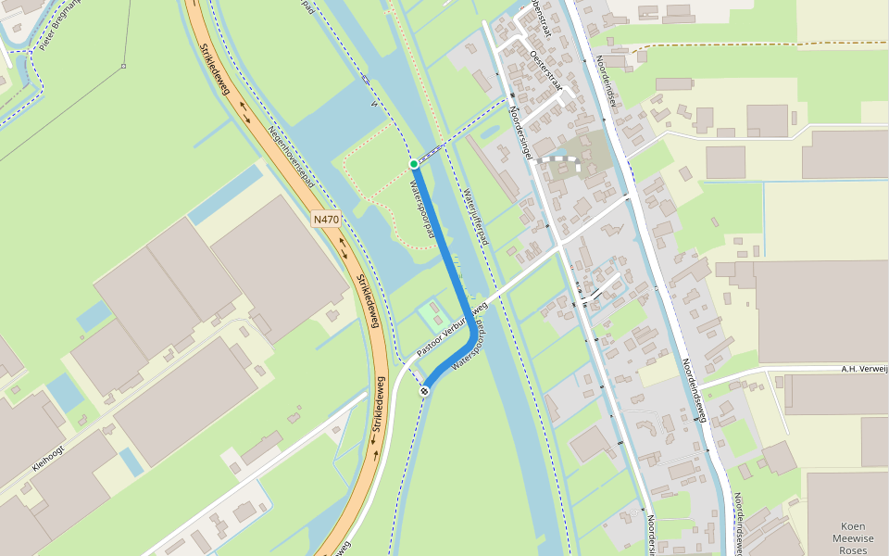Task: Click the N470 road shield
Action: point(326,220)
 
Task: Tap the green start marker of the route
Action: point(414,164)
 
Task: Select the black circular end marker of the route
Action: point(424,391)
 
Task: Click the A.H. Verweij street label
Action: point(863,369)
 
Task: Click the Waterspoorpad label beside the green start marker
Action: point(422,208)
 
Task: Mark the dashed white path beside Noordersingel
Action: point(561,161)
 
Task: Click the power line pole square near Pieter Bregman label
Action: point(123,66)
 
